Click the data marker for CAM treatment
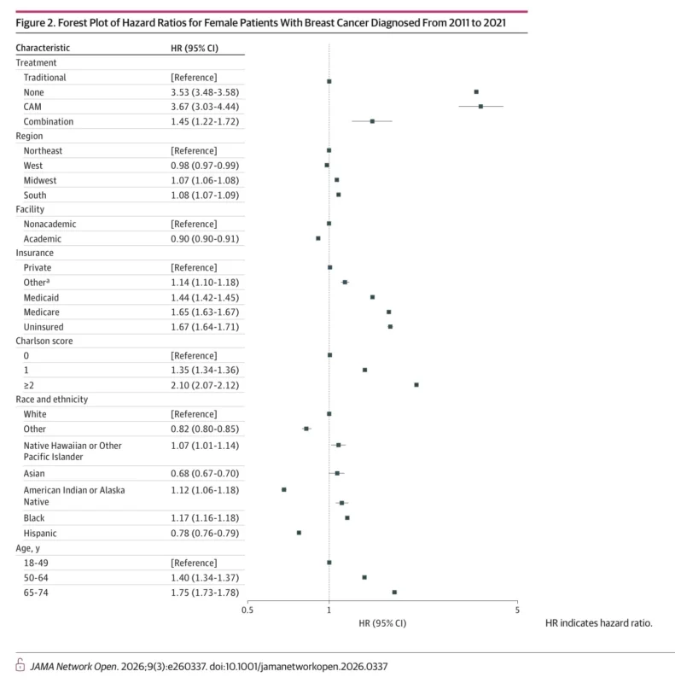click(x=480, y=107)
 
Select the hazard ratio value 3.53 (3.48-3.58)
click(x=204, y=92)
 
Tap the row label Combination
click(x=49, y=121)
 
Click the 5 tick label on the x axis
click(x=516, y=610)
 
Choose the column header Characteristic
click(x=44, y=48)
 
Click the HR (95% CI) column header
click(x=195, y=48)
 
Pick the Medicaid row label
click(x=42, y=297)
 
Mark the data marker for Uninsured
click(x=390, y=326)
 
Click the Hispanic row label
click(x=42, y=533)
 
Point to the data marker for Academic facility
click(x=318, y=238)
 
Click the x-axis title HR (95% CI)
click(x=382, y=623)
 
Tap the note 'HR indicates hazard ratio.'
click(x=597, y=623)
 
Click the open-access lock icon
click(x=20, y=664)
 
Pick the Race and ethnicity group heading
click(x=57, y=399)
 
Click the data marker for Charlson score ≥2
click(x=416, y=385)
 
